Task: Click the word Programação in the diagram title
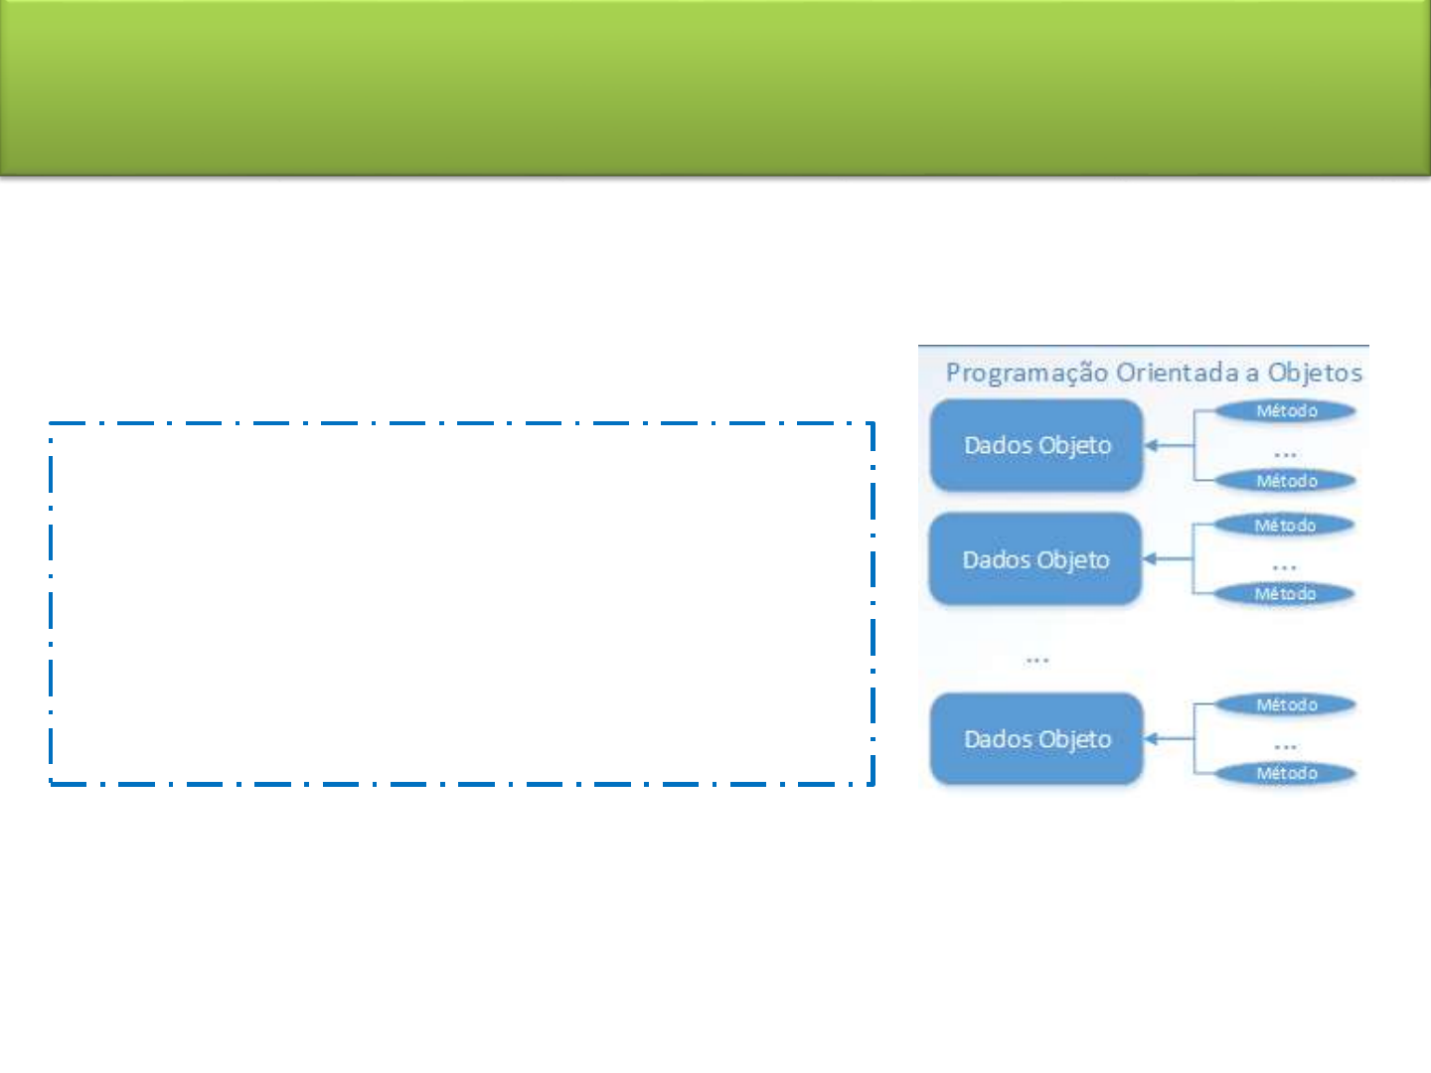tap(1028, 374)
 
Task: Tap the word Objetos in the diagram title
tap(1315, 374)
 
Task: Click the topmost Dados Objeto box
tap(1036, 446)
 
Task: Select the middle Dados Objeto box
tap(1035, 559)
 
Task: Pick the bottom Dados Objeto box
tap(1036, 739)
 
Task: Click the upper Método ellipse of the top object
tap(1286, 411)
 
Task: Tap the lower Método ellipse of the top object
tap(1286, 481)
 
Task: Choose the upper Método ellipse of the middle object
tap(1284, 526)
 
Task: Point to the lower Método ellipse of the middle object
tap(1284, 594)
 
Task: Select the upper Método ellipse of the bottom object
tap(1286, 705)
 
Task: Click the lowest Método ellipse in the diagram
tap(1286, 773)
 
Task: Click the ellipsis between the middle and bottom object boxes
tap(1036, 661)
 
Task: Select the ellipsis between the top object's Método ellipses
tap(1285, 454)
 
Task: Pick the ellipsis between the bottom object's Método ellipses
tap(1285, 747)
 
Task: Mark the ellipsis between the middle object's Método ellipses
tap(1284, 568)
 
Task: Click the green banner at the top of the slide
tap(715, 88)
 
